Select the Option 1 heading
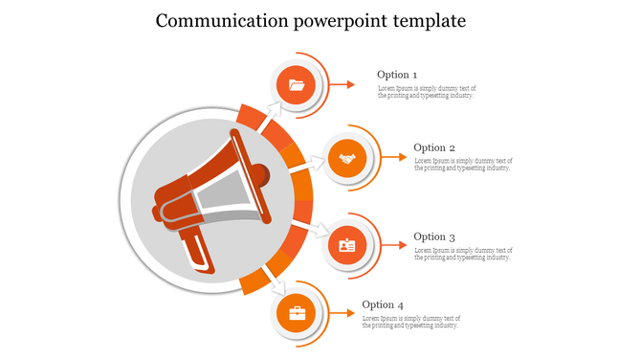click(397, 75)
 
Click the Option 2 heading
click(434, 147)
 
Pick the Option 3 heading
click(434, 236)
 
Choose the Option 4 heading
click(383, 305)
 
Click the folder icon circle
click(297, 85)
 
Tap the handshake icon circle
click(347, 158)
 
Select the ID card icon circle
click(347, 246)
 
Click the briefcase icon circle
click(297, 314)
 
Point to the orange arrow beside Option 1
click(343, 84)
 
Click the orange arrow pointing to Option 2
click(392, 158)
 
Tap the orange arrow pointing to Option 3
click(392, 246)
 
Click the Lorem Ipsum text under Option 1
click(426, 92)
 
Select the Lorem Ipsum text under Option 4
click(411, 322)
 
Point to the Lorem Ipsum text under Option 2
click(463, 165)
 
